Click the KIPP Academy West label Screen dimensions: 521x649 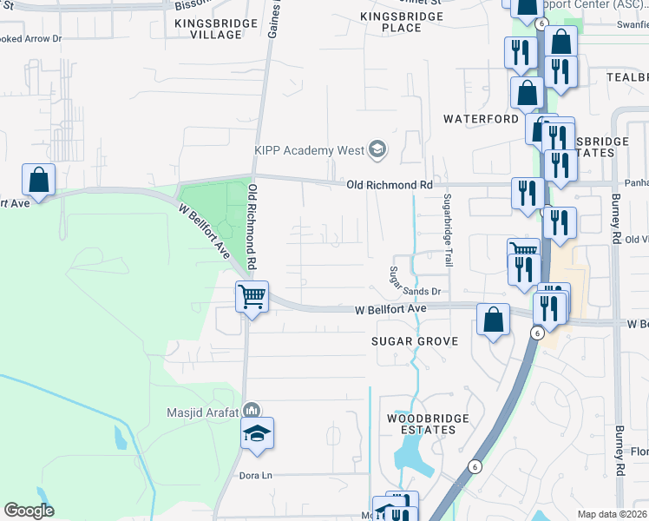[x=309, y=150]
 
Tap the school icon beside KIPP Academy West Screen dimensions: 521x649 [x=377, y=150]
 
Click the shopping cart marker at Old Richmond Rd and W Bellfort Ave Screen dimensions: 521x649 [x=252, y=296]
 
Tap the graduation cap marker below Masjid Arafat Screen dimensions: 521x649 [x=257, y=432]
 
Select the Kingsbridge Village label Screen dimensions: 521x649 [x=215, y=28]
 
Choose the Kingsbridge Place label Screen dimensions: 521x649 [x=403, y=22]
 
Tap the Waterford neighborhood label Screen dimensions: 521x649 [x=482, y=118]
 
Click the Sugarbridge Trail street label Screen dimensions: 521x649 [x=448, y=231]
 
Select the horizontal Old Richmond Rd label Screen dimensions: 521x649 [x=389, y=185]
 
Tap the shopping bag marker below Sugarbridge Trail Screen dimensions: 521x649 [x=493, y=320]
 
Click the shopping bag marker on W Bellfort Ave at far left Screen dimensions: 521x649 [x=38, y=179]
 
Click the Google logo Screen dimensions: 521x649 [x=29, y=511]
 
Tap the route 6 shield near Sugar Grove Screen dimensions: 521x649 [x=537, y=333]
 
